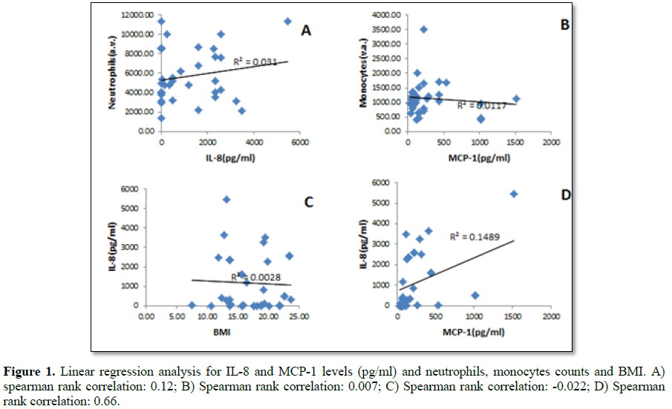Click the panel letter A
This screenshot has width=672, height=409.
point(305,31)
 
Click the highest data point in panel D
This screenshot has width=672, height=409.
point(514,194)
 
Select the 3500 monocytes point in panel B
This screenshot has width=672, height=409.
point(423,29)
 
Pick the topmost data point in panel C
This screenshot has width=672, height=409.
point(226,199)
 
